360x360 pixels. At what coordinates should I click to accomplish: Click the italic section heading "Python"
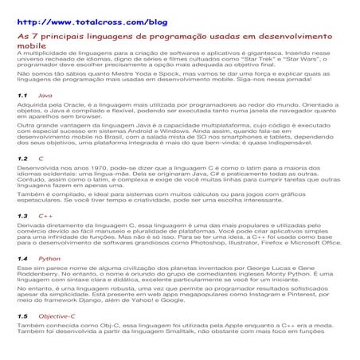pos(49,259)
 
